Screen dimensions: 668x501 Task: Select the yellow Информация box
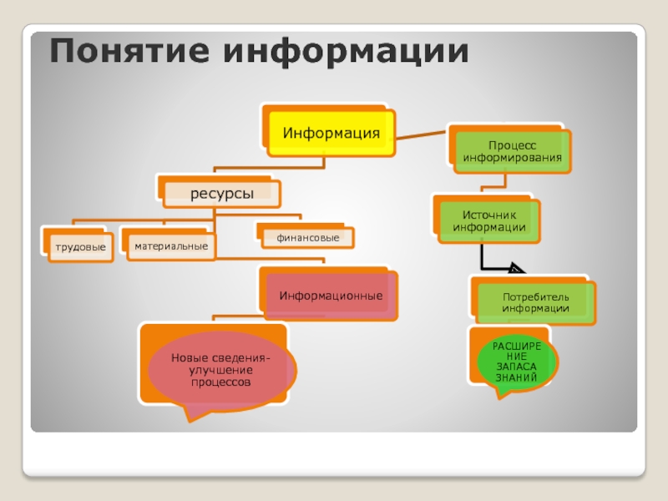pyautogui.click(x=331, y=133)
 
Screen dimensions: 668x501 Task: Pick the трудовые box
pyautogui.click(x=80, y=248)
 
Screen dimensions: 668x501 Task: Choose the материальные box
pyautogui.click(x=170, y=246)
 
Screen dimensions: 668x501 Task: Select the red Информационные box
pyautogui.click(x=331, y=296)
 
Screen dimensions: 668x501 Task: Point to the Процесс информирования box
pyautogui.click(x=513, y=151)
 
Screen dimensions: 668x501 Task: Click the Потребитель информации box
pyautogui.click(x=536, y=303)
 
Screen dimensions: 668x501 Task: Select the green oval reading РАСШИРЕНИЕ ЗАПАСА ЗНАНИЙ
pyautogui.click(x=517, y=362)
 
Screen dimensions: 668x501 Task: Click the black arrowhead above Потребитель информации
pyautogui.click(x=515, y=269)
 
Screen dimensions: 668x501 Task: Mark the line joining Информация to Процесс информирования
pyautogui.click(x=422, y=133)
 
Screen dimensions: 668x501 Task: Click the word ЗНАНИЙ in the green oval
pyautogui.click(x=517, y=378)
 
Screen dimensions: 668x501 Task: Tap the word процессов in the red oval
pyautogui.click(x=221, y=382)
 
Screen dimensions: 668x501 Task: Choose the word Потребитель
pyautogui.click(x=536, y=297)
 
